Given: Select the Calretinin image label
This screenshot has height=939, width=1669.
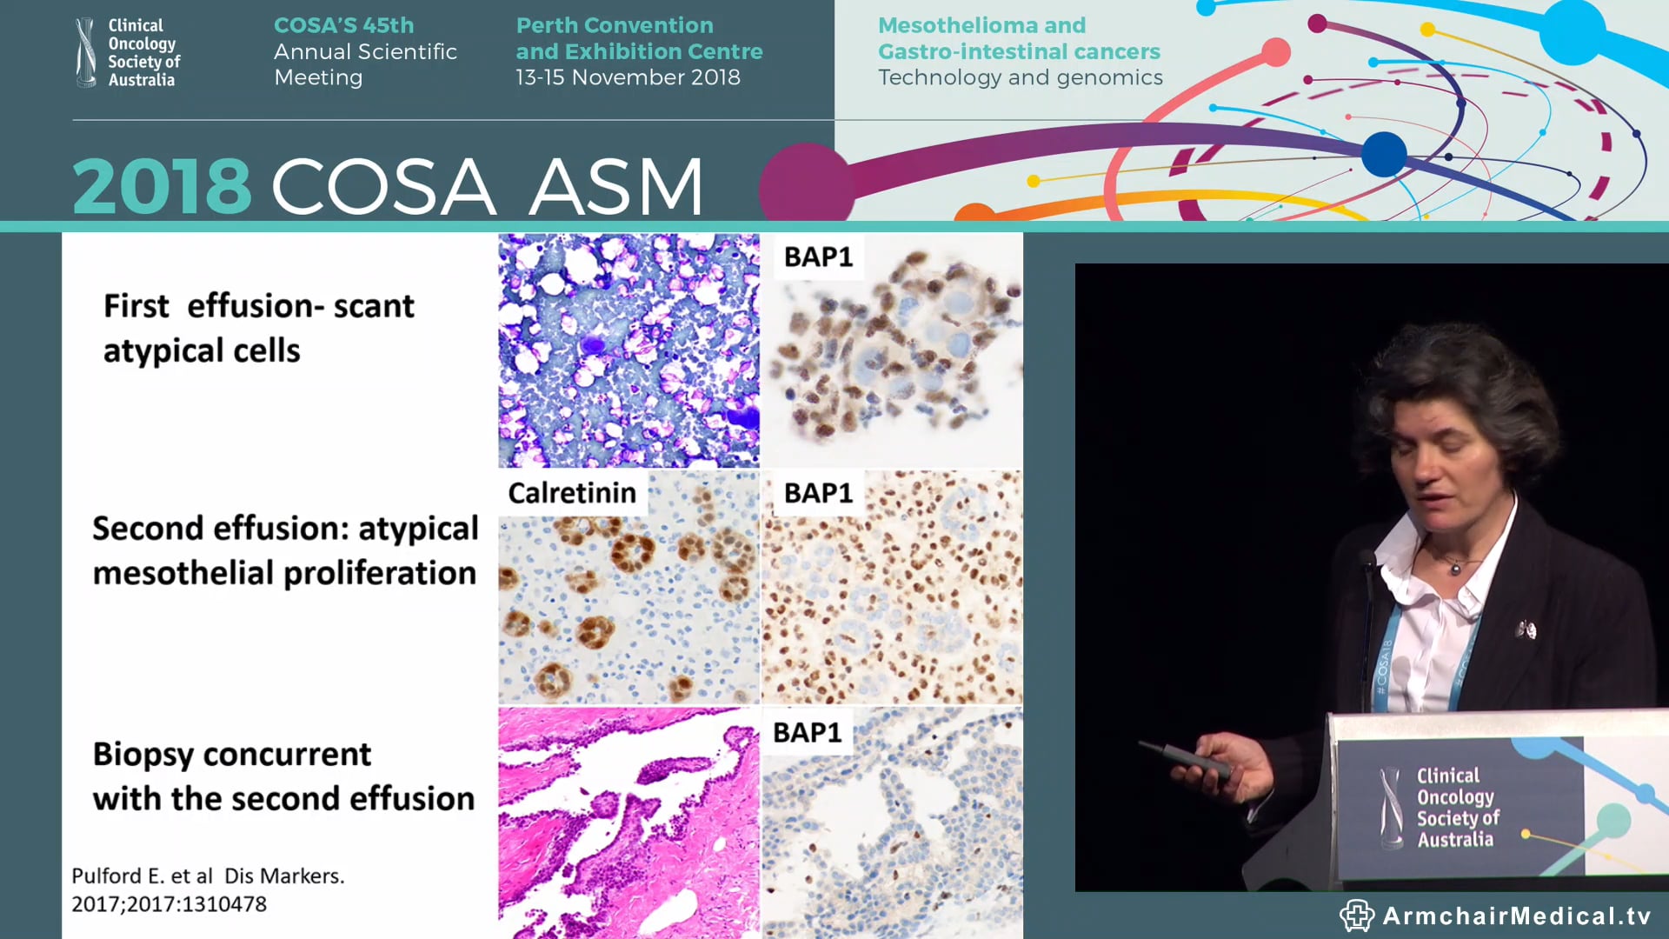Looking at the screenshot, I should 572,493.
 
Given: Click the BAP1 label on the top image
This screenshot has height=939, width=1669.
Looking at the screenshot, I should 818,257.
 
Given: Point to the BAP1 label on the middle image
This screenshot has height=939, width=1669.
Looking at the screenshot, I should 818,493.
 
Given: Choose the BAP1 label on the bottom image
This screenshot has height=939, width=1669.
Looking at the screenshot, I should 807,733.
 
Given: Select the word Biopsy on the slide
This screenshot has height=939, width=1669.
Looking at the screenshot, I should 143,755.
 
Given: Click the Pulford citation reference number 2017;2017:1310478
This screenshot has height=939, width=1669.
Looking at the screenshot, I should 169,904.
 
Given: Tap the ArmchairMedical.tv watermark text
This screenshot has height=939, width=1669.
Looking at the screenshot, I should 1516,916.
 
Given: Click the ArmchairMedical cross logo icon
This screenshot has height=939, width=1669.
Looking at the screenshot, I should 1355,916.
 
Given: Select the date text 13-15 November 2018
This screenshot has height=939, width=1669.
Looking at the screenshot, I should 628,77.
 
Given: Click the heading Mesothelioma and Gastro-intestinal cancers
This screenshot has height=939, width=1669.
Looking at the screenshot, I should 1018,39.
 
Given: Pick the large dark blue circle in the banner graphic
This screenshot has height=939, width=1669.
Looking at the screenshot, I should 1383,154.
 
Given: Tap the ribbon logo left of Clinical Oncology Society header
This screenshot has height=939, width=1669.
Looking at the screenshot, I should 86,52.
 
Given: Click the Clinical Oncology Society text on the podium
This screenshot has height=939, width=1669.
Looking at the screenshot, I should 1457,808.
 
